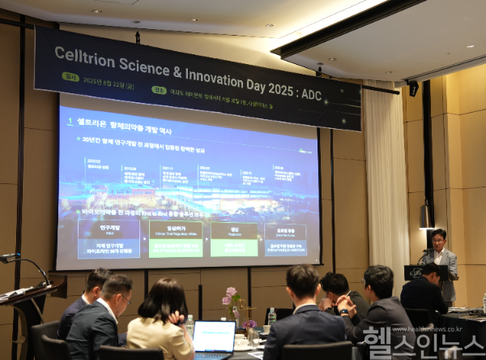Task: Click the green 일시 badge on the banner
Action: (71, 77)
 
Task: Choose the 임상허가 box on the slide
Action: (175, 239)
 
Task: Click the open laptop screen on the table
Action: (214, 336)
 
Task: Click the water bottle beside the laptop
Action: (190, 325)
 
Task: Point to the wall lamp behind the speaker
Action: (424, 216)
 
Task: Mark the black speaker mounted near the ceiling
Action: (413, 88)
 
